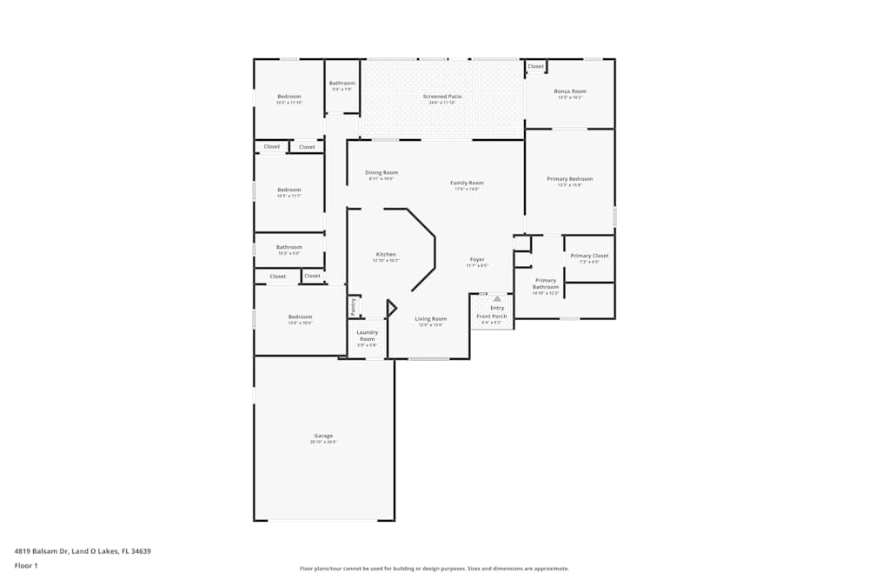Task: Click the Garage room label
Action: tap(323, 436)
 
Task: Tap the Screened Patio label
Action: tap(442, 97)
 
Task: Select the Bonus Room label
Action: tap(570, 91)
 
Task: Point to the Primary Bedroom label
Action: tap(569, 179)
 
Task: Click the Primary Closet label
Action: tap(589, 256)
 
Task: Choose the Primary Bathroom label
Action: tap(546, 283)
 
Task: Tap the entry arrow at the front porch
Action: tap(497, 298)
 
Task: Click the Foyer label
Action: tap(477, 259)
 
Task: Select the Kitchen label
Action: tap(386, 255)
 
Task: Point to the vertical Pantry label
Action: tap(354, 306)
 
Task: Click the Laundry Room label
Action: tap(367, 334)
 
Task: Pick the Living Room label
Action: tap(430, 319)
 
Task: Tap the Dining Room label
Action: tap(381, 172)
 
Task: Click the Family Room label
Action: tap(467, 183)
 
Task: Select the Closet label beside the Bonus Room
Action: tap(535, 66)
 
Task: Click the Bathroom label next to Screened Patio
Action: tap(342, 83)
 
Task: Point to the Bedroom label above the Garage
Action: tap(300, 317)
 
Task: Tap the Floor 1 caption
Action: tap(26, 565)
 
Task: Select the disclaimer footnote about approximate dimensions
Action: tap(434, 568)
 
